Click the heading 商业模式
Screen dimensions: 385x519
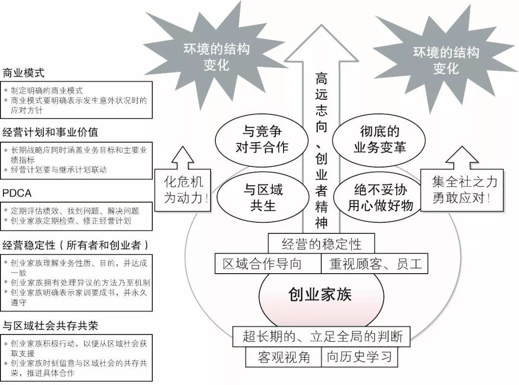pyautogui.click(x=24, y=73)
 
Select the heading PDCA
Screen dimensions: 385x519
pyautogui.click(x=17, y=193)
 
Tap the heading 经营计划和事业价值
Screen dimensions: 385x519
pyautogui.click(x=50, y=132)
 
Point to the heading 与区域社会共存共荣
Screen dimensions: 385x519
pyautogui.click(x=50, y=325)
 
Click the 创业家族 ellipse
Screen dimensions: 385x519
pyautogui.click(x=321, y=294)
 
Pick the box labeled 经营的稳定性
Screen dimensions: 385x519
pyautogui.click(x=321, y=244)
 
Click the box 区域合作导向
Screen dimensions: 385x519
pyautogui.click(x=267, y=264)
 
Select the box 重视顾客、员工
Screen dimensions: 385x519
pyautogui.click(x=375, y=264)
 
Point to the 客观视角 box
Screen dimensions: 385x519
pyautogui.click(x=284, y=357)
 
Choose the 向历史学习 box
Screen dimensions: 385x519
pyautogui.click(x=360, y=357)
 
